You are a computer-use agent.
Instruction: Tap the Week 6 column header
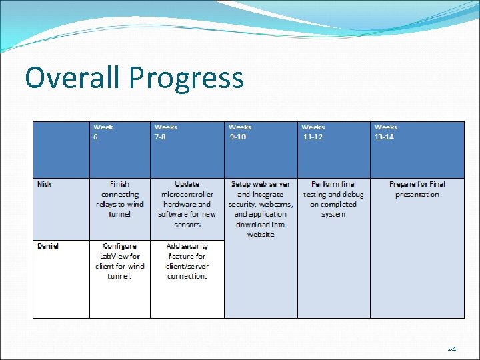click(103, 131)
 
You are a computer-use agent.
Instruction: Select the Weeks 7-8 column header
click(166, 131)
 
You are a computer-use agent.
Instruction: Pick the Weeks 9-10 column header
click(240, 131)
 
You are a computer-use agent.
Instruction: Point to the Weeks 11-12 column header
click(313, 131)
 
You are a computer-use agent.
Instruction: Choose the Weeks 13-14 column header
click(385, 131)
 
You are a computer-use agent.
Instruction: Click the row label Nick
click(45, 184)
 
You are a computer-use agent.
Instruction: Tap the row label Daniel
click(48, 246)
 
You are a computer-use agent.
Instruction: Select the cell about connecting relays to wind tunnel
click(120, 199)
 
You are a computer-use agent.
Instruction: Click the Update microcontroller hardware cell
click(187, 204)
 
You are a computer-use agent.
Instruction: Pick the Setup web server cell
click(260, 209)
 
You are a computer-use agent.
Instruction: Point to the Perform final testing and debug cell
click(333, 199)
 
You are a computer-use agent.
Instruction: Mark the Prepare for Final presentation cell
click(417, 189)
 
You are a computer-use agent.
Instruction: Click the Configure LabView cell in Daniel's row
click(120, 261)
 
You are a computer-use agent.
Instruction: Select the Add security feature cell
click(187, 261)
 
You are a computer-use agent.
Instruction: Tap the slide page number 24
click(451, 349)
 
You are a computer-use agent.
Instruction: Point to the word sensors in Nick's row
click(187, 225)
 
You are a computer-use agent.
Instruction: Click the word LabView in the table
click(111, 256)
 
